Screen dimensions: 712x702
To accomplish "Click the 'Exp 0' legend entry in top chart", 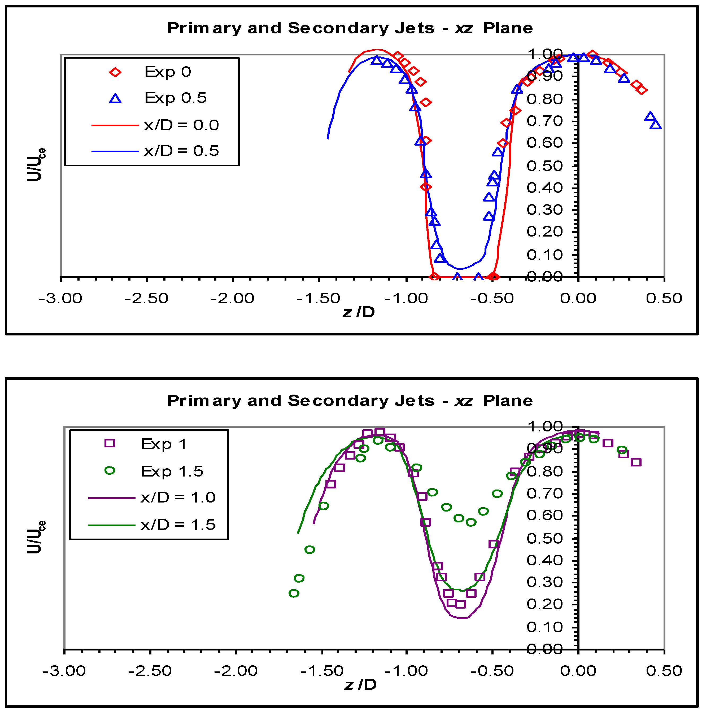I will tap(168, 72).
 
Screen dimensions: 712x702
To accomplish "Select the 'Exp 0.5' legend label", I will tap(175, 98).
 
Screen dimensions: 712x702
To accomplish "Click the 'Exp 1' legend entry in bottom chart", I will tap(164, 444).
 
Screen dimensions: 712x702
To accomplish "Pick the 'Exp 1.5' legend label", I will tap(172, 471).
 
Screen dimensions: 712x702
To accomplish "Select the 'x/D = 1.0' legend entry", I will tap(178, 497).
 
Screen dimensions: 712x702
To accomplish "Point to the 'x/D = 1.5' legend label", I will tap(178, 525).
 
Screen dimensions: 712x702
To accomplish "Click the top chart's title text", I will tap(350, 28).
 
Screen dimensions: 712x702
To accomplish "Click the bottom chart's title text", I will tap(350, 401).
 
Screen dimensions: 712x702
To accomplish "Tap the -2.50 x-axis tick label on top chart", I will tap(146, 298).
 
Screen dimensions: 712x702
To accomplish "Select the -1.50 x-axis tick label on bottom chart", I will tap(322, 671).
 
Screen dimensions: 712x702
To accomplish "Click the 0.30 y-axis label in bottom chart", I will tap(544, 582).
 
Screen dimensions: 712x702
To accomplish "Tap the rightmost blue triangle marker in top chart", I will tap(656, 125).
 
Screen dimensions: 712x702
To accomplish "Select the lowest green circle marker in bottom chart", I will tap(294, 593).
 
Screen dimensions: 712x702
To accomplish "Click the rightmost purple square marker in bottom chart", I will tap(636, 462).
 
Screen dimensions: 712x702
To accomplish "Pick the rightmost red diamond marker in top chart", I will tap(642, 90).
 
